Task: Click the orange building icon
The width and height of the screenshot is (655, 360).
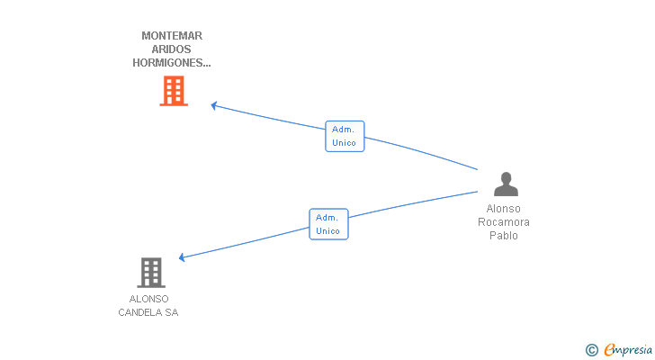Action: [x=174, y=91]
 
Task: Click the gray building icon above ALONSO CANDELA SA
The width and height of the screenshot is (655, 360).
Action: [x=151, y=273]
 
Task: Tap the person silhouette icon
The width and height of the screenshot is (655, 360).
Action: [x=506, y=184]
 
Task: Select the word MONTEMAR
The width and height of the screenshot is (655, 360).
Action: [x=172, y=36]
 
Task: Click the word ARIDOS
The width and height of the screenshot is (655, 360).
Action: [x=171, y=49]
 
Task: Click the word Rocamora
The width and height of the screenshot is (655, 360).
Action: [x=504, y=222]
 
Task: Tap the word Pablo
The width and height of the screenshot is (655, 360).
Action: [x=504, y=236]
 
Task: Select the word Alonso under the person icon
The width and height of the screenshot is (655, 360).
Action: [x=503, y=209]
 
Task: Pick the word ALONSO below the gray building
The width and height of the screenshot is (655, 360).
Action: [x=148, y=299]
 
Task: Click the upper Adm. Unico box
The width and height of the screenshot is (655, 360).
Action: [x=345, y=136]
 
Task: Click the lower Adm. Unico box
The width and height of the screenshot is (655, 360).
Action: [x=328, y=224]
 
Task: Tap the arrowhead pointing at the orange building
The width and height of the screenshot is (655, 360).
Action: [x=213, y=105]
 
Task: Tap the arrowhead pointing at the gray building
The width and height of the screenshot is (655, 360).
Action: [x=182, y=257]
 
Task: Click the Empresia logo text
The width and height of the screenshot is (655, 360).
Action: [x=628, y=349]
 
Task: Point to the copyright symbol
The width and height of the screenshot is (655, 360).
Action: [x=592, y=350]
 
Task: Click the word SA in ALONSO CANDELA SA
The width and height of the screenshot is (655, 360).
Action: [x=172, y=312]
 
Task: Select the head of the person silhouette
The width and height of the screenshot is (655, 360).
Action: [x=506, y=177]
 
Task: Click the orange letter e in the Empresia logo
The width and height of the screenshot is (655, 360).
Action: [x=610, y=349]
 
